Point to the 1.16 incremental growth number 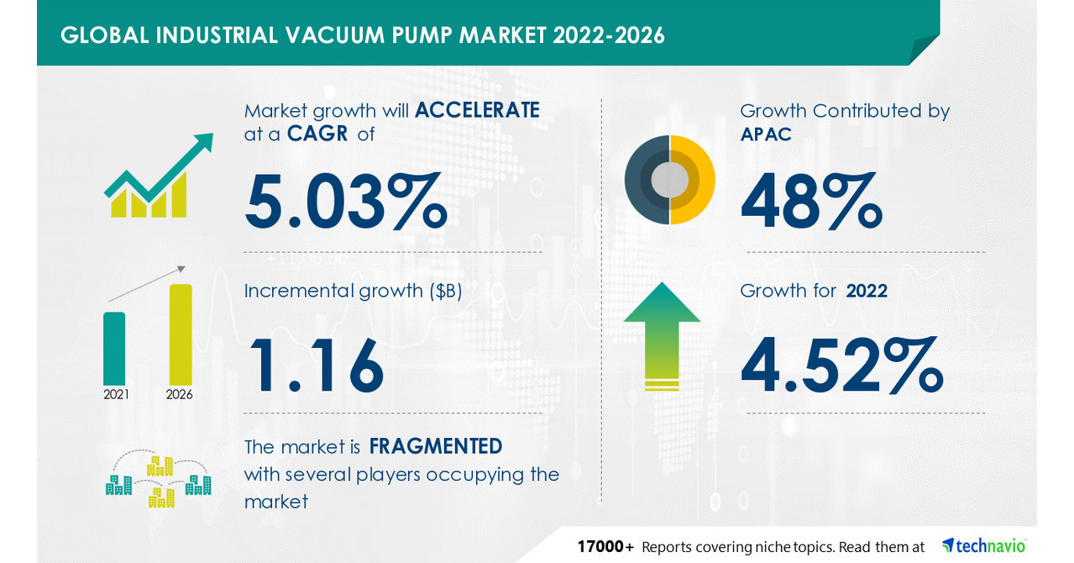click(315, 365)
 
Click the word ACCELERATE click(477, 110)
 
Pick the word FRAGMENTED click(436, 445)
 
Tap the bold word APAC click(766, 134)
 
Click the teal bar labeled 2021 click(114, 348)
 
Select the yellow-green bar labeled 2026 click(181, 334)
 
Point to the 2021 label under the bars click(116, 394)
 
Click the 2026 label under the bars click(180, 394)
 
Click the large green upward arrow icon click(662, 335)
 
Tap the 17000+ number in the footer click(605, 547)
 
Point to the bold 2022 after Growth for click(867, 291)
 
